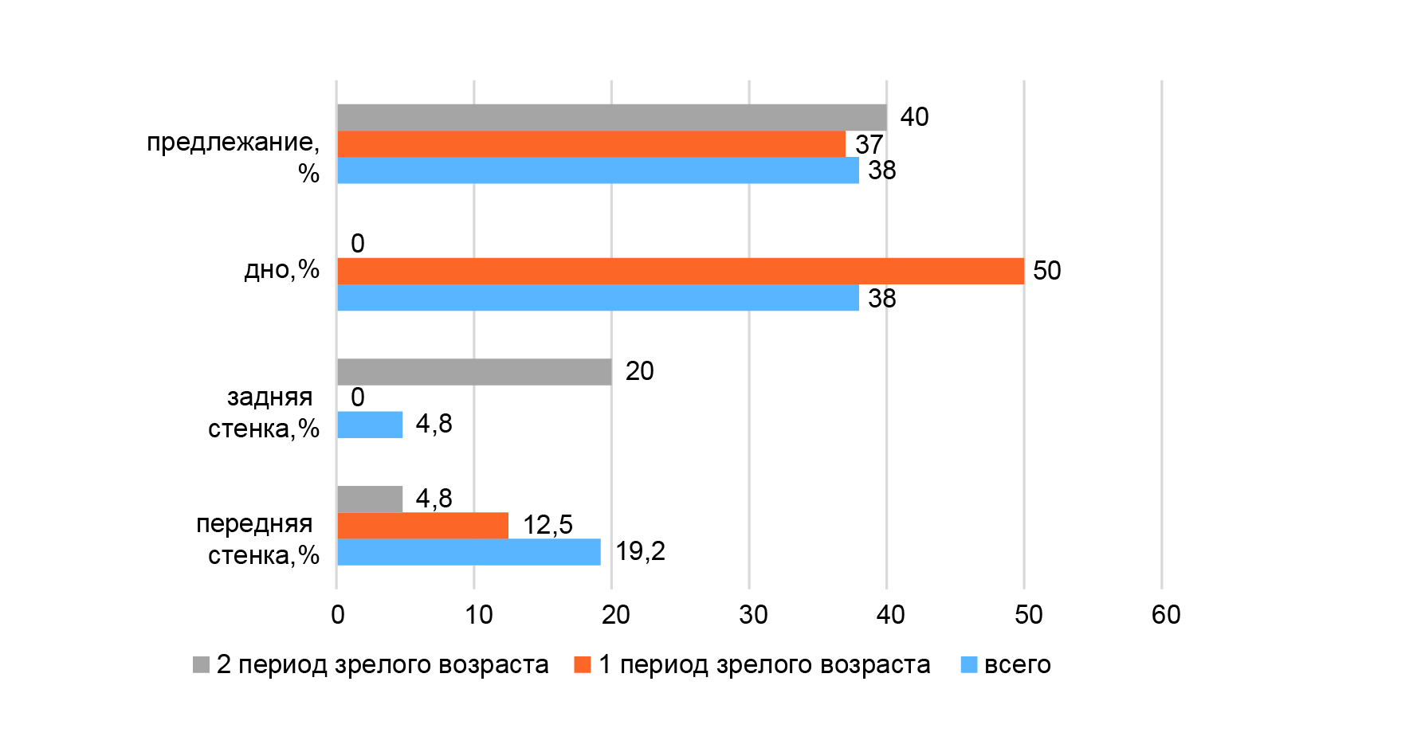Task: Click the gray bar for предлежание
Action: tap(611, 117)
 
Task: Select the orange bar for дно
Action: tap(680, 271)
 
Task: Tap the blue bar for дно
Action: tap(598, 298)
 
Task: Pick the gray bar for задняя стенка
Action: tap(474, 372)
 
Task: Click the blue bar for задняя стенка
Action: tap(370, 425)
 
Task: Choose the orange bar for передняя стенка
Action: tap(422, 526)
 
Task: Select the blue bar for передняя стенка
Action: tap(469, 552)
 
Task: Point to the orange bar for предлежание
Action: tap(591, 144)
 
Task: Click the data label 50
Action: tap(1046, 271)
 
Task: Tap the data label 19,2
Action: tap(640, 551)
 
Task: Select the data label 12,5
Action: tap(548, 525)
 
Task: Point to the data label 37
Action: tap(869, 144)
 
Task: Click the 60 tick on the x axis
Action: tap(1165, 615)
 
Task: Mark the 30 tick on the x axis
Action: tap(752, 615)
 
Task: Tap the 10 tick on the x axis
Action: tap(478, 615)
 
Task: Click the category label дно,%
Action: tap(281, 270)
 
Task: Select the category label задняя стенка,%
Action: tap(264, 413)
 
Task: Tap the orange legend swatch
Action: tap(583, 664)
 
